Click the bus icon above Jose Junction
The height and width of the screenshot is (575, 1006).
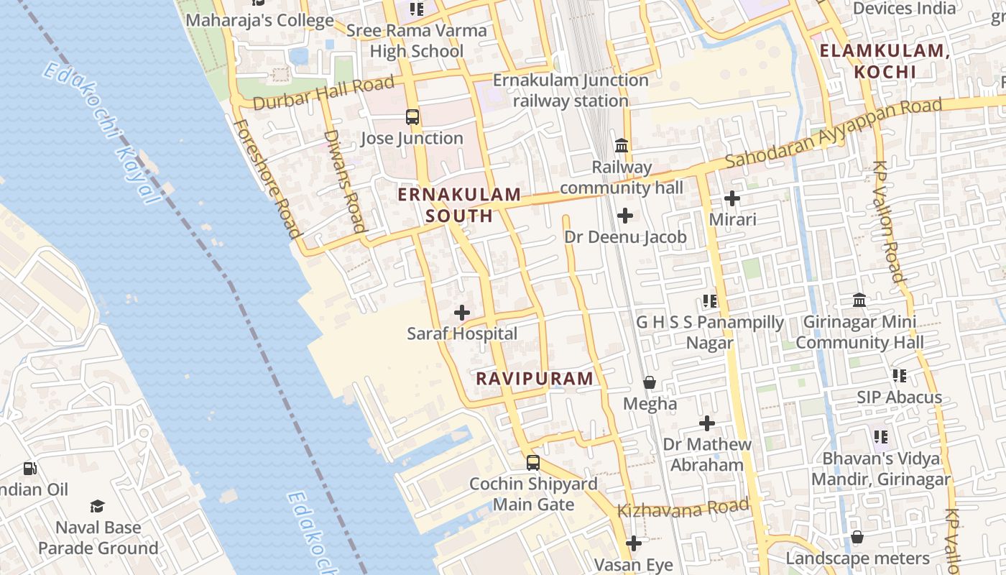(412, 116)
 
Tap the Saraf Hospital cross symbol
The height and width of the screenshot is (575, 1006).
(462, 313)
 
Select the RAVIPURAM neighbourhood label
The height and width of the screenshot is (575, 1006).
(535, 378)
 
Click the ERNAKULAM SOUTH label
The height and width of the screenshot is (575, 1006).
(459, 205)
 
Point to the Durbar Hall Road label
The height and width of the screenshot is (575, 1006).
(324, 93)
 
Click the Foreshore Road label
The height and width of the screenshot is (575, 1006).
(266, 178)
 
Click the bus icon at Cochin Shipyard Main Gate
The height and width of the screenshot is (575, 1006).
(532, 463)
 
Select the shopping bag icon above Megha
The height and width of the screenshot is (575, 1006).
(650, 382)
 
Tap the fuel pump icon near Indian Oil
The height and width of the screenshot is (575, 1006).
(30, 469)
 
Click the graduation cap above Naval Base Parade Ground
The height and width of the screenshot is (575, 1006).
(98, 507)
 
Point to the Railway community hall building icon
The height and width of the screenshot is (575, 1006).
(622, 146)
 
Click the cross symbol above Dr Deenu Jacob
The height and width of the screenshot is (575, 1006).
(625, 215)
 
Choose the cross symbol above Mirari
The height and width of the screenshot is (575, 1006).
(732, 198)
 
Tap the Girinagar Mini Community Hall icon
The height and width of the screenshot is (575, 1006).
(859, 300)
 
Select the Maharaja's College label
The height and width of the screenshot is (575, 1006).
(259, 20)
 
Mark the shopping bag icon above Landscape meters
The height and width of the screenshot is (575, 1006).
(857, 537)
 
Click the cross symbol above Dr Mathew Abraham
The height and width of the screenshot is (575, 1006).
(707, 423)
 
